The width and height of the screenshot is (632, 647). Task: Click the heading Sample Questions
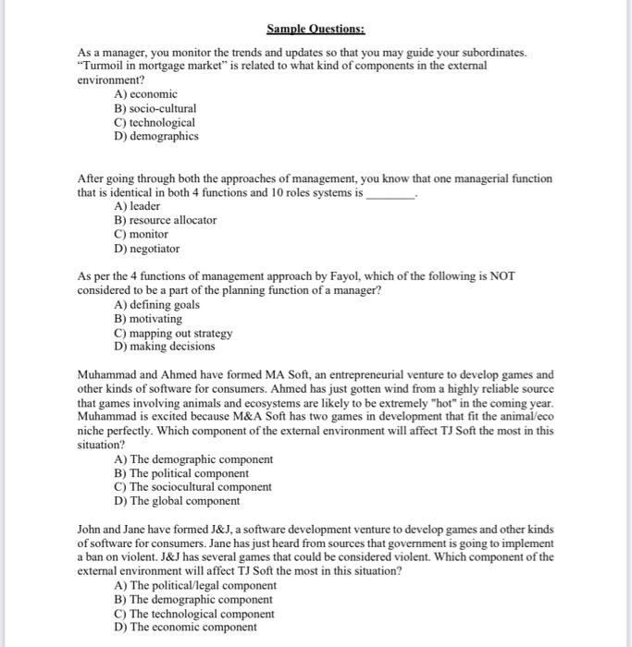[316, 29]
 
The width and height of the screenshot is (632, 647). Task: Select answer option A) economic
[145, 94]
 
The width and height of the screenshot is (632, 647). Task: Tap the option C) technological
[155, 122]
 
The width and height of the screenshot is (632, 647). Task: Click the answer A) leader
[137, 206]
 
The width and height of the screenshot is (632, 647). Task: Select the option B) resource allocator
[165, 220]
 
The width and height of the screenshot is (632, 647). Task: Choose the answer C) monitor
[141, 234]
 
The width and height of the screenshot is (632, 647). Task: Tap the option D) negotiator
[146, 249]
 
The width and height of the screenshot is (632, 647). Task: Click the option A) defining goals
[156, 305]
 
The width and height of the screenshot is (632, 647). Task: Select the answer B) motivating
[148, 319]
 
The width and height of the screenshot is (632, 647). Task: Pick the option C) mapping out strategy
[172, 333]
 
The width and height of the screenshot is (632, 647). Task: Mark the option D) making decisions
[164, 347]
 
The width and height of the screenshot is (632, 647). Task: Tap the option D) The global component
[177, 501]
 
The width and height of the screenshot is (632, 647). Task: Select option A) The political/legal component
[194, 585]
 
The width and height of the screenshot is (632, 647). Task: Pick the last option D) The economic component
[185, 627]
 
